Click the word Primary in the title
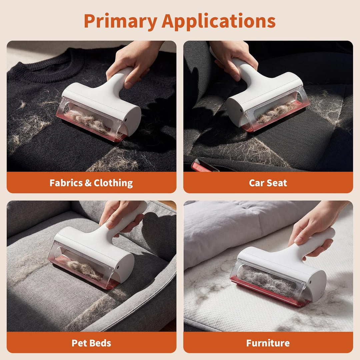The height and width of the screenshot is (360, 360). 121,21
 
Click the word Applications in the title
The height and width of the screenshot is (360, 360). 219,21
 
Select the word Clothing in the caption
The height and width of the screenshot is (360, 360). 113,183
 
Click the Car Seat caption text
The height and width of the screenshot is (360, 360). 268,183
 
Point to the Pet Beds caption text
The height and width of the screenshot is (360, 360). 91,343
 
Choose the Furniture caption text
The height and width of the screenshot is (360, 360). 268,343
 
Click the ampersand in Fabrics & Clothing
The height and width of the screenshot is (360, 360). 88,183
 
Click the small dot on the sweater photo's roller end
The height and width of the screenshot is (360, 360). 126,120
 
